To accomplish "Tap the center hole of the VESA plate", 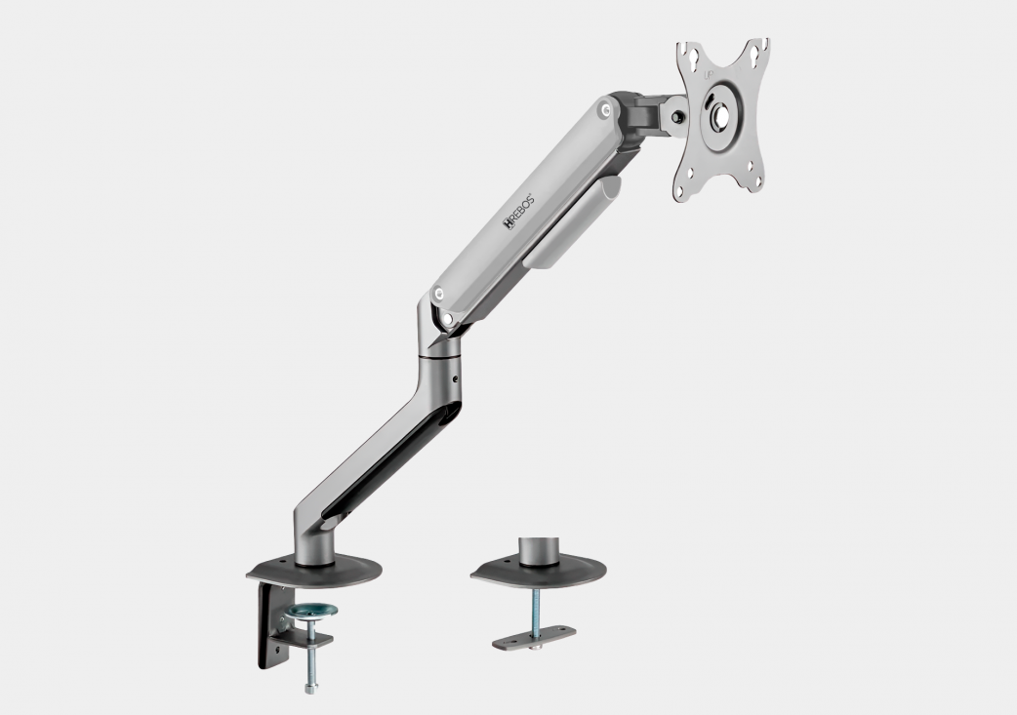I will [719, 114].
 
